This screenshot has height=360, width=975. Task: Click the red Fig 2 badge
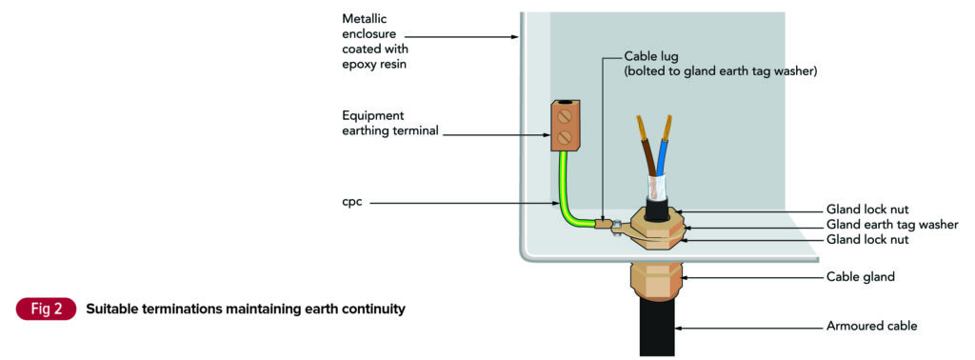click(x=46, y=310)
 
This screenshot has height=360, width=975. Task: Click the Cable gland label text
click(x=861, y=278)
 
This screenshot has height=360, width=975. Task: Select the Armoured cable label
click(x=871, y=327)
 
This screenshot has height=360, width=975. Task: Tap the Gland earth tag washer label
click(x=890, y=225)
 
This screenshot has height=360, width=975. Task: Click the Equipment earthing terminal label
click(x=390, y=124)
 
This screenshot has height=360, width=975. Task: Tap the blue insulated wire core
click(x=664, y=152)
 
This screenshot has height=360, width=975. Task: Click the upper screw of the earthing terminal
click(x=565, y=117)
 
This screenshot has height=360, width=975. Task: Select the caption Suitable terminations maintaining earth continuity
click(x=245, y=310)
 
